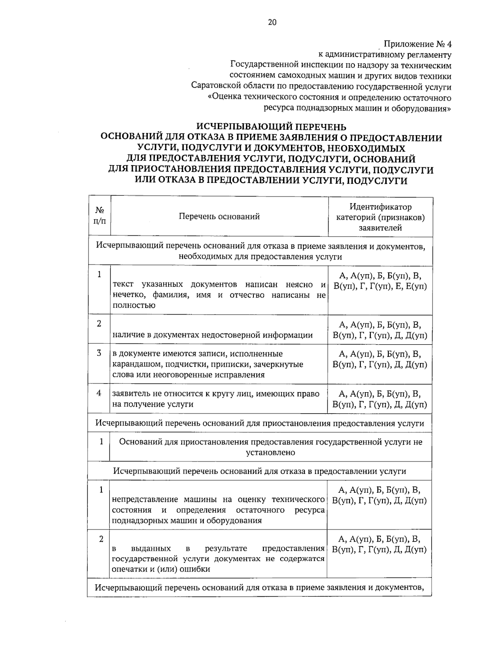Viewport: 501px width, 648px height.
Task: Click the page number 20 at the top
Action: pos(272,23)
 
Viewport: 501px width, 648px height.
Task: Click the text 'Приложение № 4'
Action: pos(418,44)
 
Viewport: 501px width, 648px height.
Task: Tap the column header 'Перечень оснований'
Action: pos(219,216)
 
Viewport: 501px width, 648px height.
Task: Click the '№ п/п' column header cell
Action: pos(99,215)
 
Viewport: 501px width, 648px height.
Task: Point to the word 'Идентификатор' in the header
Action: pos(380,207)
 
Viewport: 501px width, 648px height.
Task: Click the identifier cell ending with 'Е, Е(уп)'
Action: pos(380,281)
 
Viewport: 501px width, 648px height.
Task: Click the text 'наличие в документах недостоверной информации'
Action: pos(212,335)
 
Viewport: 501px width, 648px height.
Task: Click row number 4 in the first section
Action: pos(99,393)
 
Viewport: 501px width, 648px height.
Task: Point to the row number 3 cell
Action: pos(99,353)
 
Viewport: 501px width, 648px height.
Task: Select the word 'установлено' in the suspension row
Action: pos(271,452)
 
